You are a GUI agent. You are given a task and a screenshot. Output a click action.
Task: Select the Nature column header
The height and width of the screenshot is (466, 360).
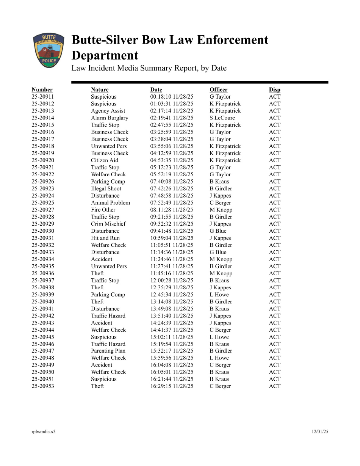pyautogui.click(x=100, y=90)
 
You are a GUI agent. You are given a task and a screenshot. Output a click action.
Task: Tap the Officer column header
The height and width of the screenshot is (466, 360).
pyautogui.click(x=219, y=90)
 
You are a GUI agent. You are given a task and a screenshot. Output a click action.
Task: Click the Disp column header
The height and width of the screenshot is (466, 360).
pyautogui.click(x=275, y=90)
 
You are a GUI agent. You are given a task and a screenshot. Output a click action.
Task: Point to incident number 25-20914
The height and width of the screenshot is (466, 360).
pyautogui.click(x=43, y=118)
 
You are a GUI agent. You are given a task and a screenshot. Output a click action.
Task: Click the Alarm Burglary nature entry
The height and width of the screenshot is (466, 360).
pyautogui.click(x=110, y=118)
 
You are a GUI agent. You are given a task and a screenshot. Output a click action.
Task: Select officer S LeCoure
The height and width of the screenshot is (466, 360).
pyautogui.click(x=222, y=118)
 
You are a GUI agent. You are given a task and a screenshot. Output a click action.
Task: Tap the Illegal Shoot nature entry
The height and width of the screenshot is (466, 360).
pyautogui.click(x=106, y=189)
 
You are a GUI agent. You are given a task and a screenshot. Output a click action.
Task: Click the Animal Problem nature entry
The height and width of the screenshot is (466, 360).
pyautogui.click(x=110, y=203)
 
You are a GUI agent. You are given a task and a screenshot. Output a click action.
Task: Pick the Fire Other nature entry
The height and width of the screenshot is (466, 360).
pyautogui.click(x=103, y=210)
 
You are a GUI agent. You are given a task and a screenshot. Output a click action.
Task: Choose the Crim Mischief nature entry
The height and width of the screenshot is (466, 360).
pyautogui.click(x=108, y=224)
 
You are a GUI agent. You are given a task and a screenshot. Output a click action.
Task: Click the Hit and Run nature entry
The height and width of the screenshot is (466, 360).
pyautogui.click(x=105, y=238)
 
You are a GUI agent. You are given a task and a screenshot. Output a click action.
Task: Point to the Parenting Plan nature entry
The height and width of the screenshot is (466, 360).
pyautogui.click(x=108, y=351)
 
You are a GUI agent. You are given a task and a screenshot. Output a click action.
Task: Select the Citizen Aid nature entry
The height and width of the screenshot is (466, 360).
pyautogui.click(x=105, y=160)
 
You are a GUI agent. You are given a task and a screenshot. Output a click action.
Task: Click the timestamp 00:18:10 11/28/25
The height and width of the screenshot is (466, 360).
pyautogui.click(x=172, y=97)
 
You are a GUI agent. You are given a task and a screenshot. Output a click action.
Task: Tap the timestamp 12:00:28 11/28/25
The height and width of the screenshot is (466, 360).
pyautogui.click(x=172, y=281)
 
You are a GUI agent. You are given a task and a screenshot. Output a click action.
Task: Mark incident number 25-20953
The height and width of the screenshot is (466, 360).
pyautogui.click(x=43, y=386)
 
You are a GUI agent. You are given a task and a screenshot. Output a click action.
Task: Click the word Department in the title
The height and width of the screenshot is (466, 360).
pyautogui.click(x=105, y=56)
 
